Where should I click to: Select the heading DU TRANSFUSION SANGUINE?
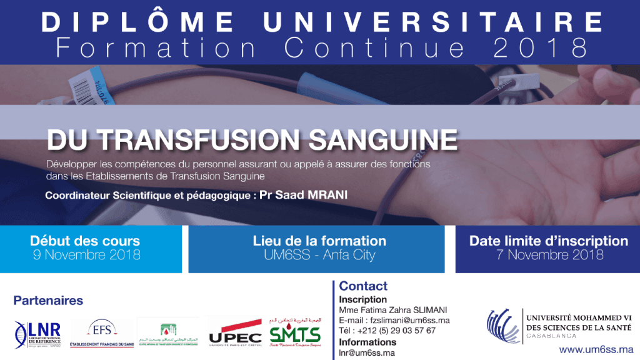(251, 139)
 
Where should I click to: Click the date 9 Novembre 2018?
(85, 254)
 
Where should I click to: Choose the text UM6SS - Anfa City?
(319, 254)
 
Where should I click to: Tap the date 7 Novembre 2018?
(548, 254)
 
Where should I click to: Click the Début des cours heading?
(85, 241)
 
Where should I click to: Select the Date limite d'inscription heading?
(548, 241)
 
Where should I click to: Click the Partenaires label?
(48, 301)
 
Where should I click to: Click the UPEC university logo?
(235, 332)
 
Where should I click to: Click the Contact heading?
(363, 286)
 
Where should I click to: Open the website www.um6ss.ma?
(596, 349)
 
